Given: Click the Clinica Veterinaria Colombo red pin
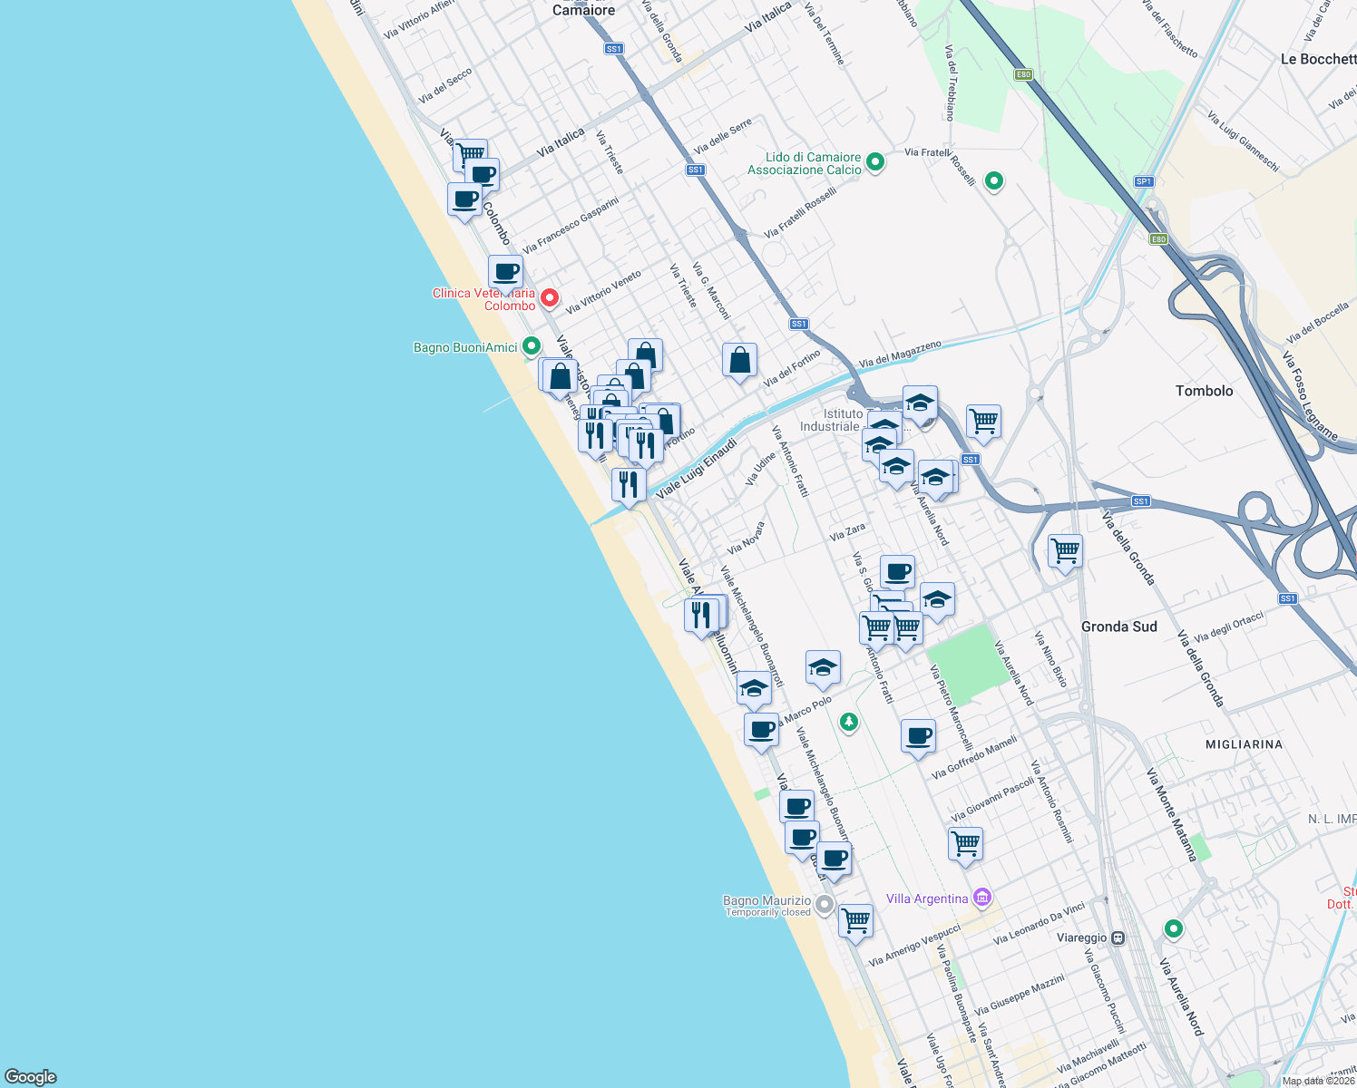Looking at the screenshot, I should (x=549, y=297).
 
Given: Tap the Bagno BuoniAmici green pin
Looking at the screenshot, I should (x=532, y=346).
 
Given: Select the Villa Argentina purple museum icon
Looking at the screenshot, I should (x=981, y=898).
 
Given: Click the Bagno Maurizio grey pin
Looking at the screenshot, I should (x=825, y=904).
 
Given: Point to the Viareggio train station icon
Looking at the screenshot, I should (x=1118, y=937).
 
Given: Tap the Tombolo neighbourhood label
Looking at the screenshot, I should (x=1204, y=391).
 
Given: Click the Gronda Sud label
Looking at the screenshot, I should (x=1118, y=627).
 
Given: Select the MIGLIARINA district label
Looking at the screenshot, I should (x=1244, y=744).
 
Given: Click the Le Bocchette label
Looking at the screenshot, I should (x=1318, y=59).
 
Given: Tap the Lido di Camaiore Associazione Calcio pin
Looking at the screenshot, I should (x=875, y=162).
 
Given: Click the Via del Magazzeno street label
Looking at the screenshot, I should (x=900, y=354).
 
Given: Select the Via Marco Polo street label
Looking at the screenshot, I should (x=806, y=710).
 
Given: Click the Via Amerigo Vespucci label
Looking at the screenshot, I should (x=913, y=946).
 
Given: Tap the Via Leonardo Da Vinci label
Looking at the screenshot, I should (x=1039, y=924).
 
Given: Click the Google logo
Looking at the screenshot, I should (x=31, y=1076).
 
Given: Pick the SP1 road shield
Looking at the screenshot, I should (x=1144, y=181).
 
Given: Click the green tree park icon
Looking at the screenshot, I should (x=848, y=723).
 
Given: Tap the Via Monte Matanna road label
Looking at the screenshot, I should (x=1172, y=814).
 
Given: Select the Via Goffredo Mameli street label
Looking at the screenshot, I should (x=974, y=758).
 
